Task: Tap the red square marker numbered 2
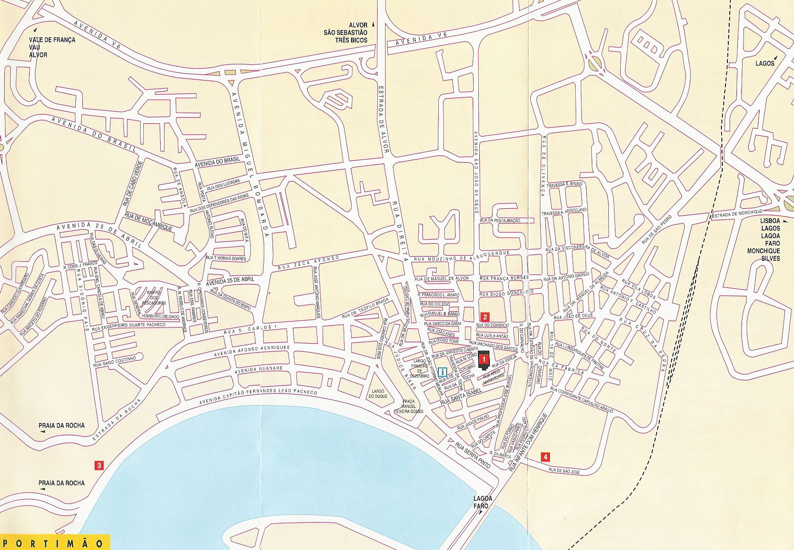coord(484,316)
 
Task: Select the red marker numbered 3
coord(98,465)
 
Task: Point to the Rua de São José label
coord(565,471)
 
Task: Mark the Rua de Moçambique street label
coord(149,222)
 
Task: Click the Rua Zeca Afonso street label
coord(309,261)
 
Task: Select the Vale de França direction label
coord(52,40)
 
